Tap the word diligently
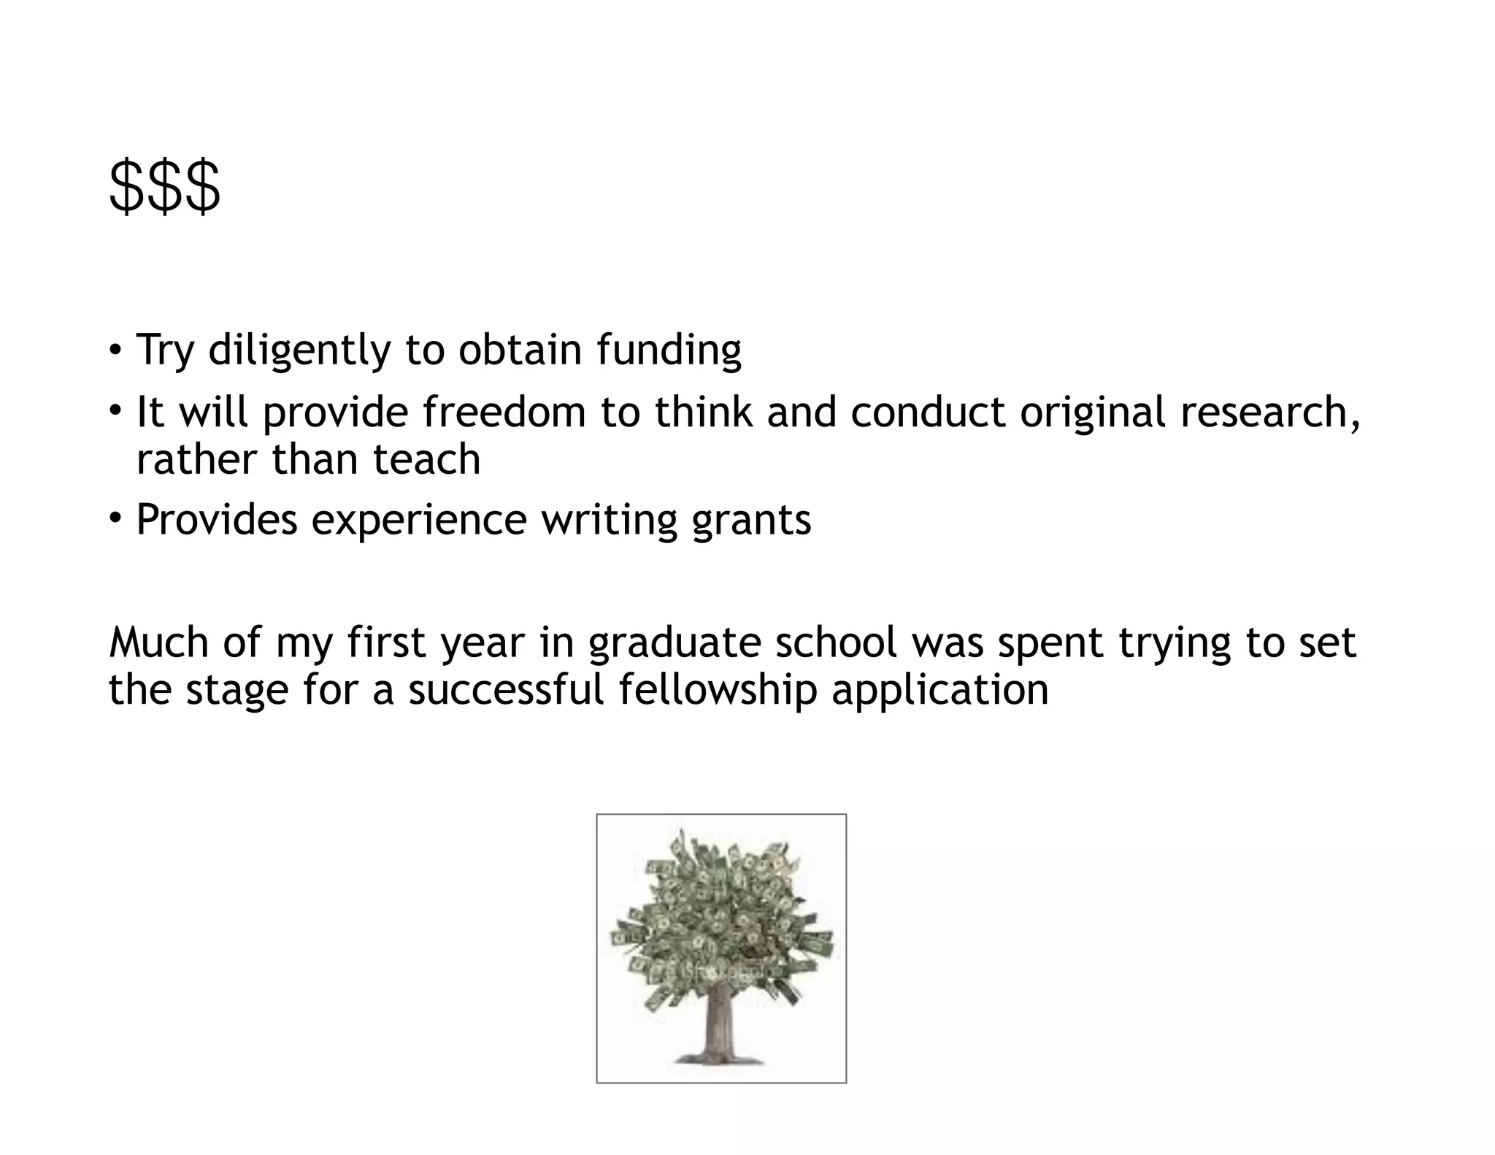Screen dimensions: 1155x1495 pos(299,350)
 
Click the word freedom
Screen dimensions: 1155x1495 pos(504,412)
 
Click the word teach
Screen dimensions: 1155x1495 pos(427,459)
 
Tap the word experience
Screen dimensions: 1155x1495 pos(419,520)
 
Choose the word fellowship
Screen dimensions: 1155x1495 pos(718,690)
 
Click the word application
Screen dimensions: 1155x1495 pos(940,690)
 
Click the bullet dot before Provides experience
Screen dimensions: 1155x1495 pos(115,519)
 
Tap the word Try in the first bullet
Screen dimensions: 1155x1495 pos(166,350)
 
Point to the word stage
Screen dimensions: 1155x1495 pos(237,691)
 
